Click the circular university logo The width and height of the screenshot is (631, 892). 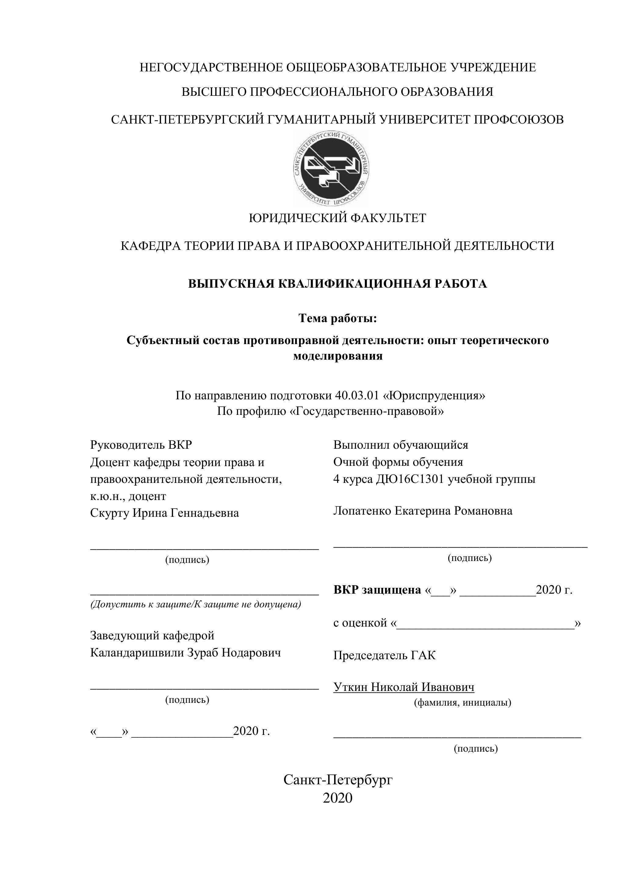click(331, 168)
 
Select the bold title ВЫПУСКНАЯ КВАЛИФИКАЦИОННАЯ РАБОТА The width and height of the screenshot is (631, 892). click(337, 284)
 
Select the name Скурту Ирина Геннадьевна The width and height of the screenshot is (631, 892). click(164, 513)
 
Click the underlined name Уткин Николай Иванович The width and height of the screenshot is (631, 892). click(404, 687)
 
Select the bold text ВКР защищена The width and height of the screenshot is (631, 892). click(377, 590)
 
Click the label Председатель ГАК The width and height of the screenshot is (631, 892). click(384, 655)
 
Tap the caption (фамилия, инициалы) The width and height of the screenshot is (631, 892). click(462, 703)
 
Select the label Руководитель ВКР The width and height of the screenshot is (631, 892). click(141, 444)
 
